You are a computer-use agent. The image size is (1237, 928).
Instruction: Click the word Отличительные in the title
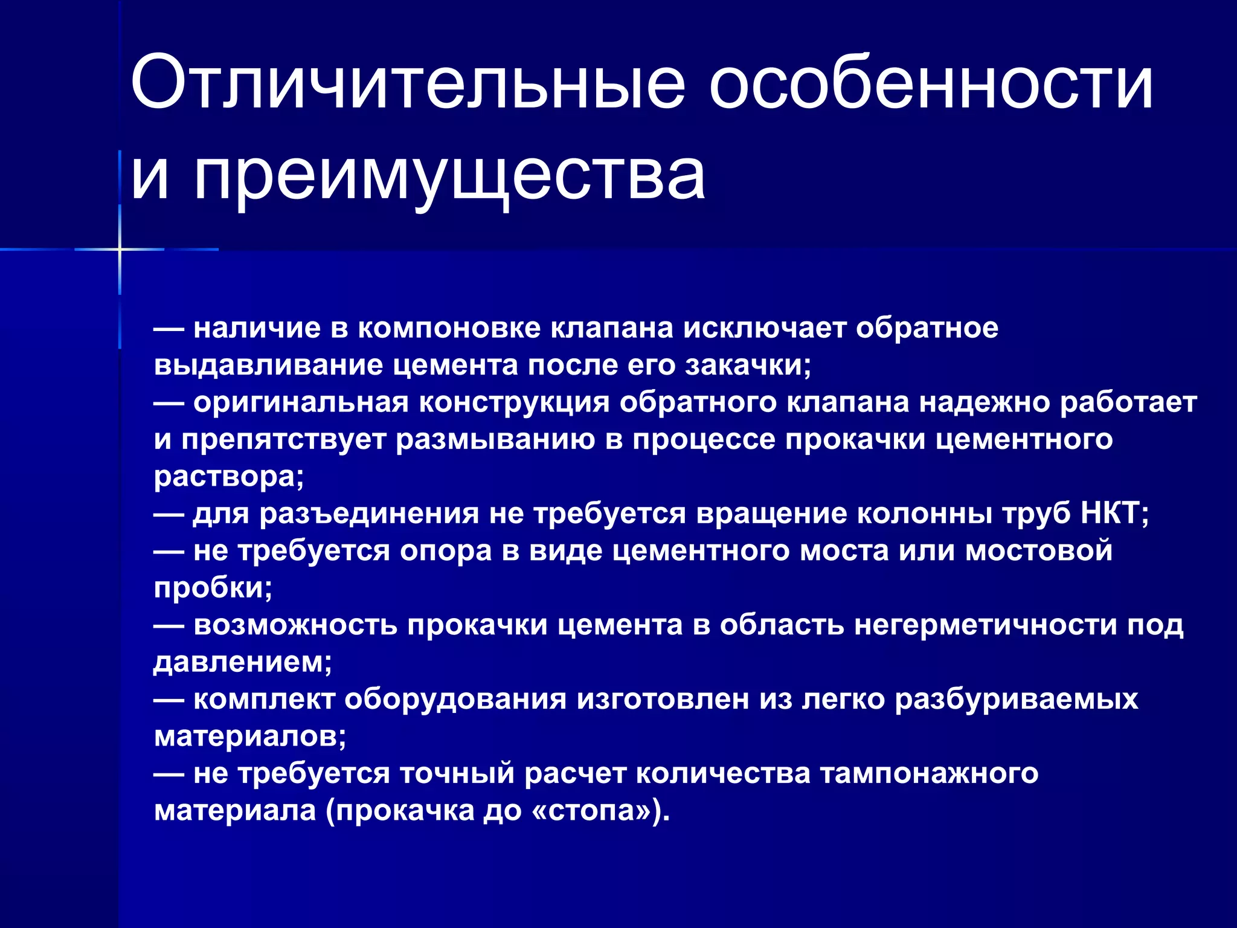[408, 83]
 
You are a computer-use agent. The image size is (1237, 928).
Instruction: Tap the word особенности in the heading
[931, 83]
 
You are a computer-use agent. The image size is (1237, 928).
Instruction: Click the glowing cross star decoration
[120, 249]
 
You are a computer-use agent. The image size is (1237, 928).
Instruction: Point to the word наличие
[257, 328]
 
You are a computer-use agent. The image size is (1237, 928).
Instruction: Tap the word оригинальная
[301, 402]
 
